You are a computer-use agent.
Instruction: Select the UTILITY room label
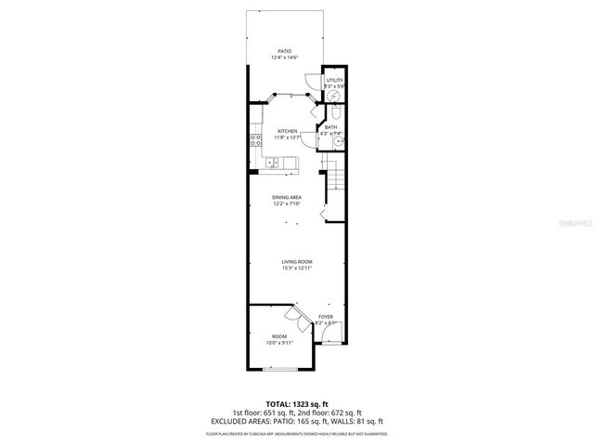pyautogui.click(x=334, y=80)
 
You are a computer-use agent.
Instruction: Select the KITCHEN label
pyautogui.click(x=288, y=131)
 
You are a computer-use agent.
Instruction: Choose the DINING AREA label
pyautogui.click(x=287, y=197)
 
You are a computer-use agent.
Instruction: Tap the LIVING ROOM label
pyautogui.click(x=297, y=262)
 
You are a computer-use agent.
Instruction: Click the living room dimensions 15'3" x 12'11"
pyautogui.click(x=297, y=269)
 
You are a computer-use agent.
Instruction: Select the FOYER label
pyautogui.click(x=326, y=317)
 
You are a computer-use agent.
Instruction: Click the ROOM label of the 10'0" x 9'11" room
pyautogui.click(x=279, y=335)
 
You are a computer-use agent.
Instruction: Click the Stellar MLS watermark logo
pyautogui.click(x=575, y=223)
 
